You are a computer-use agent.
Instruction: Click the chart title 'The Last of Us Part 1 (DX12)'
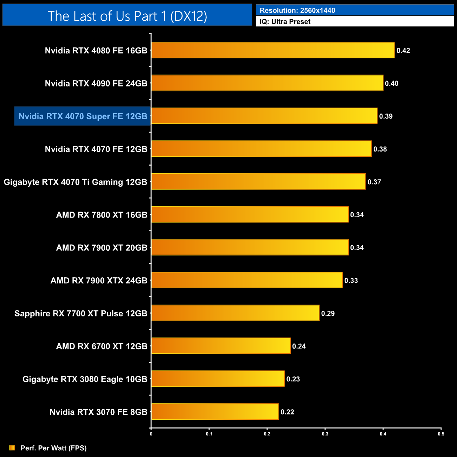tap(127, 16)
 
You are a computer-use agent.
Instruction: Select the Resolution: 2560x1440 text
tap(297, 11)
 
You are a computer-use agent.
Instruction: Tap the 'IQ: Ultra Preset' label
tap(285, 22)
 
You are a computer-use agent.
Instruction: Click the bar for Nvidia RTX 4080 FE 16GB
tap(273, 50)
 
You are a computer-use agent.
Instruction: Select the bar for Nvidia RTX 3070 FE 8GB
tap(215, 412)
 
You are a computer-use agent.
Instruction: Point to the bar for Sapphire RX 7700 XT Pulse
tap(235, 313)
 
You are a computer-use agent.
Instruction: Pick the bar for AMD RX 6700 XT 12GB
tap(221, 346)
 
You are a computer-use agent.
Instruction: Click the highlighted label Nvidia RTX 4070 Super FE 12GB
tap(83, 116)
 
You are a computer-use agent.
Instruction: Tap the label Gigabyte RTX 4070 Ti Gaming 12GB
tap(76, 182)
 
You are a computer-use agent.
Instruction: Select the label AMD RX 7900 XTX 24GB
tap(99, 281)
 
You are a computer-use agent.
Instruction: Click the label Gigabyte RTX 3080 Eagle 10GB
tap(85, 379)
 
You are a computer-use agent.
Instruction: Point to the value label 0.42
tap(403, 51)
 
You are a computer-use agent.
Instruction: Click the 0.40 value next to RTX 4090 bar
tap(392, 83)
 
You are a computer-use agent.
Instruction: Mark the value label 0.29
tap(328, 313)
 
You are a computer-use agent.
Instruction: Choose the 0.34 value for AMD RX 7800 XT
tap(357, 215)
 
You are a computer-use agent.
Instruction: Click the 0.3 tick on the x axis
tap(325, 434)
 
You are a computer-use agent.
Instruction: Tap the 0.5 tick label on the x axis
tap(441, 434)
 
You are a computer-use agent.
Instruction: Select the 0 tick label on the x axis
tap(151, 434)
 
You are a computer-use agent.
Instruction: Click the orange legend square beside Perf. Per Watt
tap(12, 448)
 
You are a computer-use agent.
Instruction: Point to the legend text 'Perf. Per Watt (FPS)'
tap(53, 448)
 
